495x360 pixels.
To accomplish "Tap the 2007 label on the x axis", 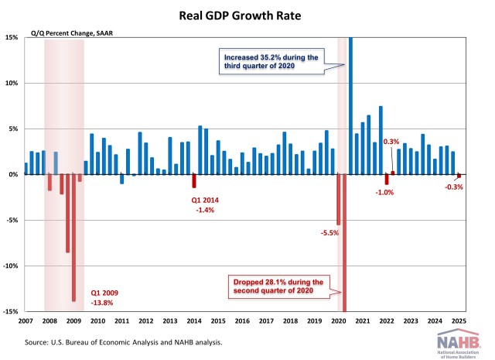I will [x=25, y=321].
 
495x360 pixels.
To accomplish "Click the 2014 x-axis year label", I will [x=194, y=321].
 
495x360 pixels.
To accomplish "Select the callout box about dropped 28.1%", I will [x=277, y=286].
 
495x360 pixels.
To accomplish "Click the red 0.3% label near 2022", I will [x=391, y=142].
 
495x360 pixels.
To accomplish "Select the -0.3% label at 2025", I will [x=454, y=187].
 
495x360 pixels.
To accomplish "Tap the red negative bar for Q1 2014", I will [x=194, y=181].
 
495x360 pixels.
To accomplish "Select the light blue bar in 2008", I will [x=56, y=163].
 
